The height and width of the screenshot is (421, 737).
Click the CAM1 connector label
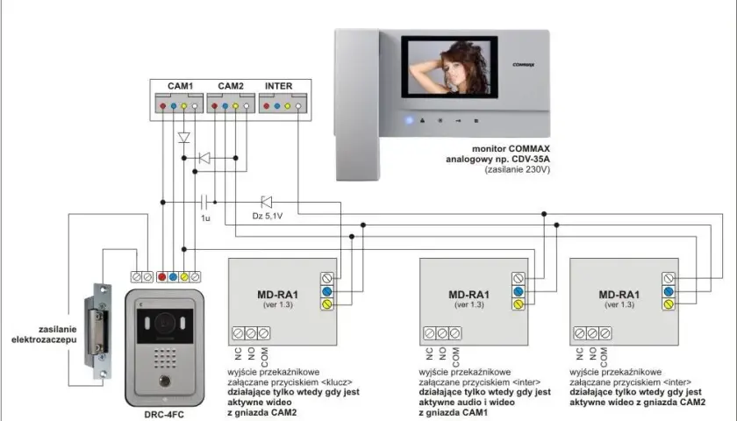pyautogui.click(x=181, y=86)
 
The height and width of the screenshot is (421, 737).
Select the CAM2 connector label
pyautogui.click(x=231, y=86)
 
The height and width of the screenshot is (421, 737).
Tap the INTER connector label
pyautogui.click(x=279, y=86)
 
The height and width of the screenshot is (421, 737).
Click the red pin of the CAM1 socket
pyautogui.click(x=162, y=106)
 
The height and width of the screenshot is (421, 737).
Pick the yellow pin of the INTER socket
pyautogui.click(x=288, y=106)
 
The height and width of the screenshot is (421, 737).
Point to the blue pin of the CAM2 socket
pyautogui.click(x=225, y=106)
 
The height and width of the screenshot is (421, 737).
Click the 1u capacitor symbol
pyautogui.click(x=204, y=202)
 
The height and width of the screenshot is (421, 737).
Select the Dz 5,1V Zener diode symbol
pyautogui.click(x=267, y=202)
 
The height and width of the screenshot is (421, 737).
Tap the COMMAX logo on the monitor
pyautogui.click(x=523, y=65)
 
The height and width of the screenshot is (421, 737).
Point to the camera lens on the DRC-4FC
pyautogui.click(x=165, y=323)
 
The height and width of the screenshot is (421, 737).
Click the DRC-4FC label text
pyautogui.click(x=164, y=414)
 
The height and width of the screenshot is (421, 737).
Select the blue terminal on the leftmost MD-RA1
pyautogui.click(x=327, y=291)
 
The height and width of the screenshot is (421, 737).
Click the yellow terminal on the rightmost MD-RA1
pyautogui.click(x=669, y=304)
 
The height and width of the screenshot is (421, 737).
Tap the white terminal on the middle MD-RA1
pyautogui.click(x=519, y=278)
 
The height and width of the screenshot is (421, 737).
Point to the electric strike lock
pyautogui.click(x=98, y=331)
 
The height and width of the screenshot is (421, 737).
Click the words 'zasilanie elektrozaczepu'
pyautogui.click(x=44, y=334)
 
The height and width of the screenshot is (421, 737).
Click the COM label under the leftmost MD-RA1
pyautogui.click(x=265, y=357)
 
